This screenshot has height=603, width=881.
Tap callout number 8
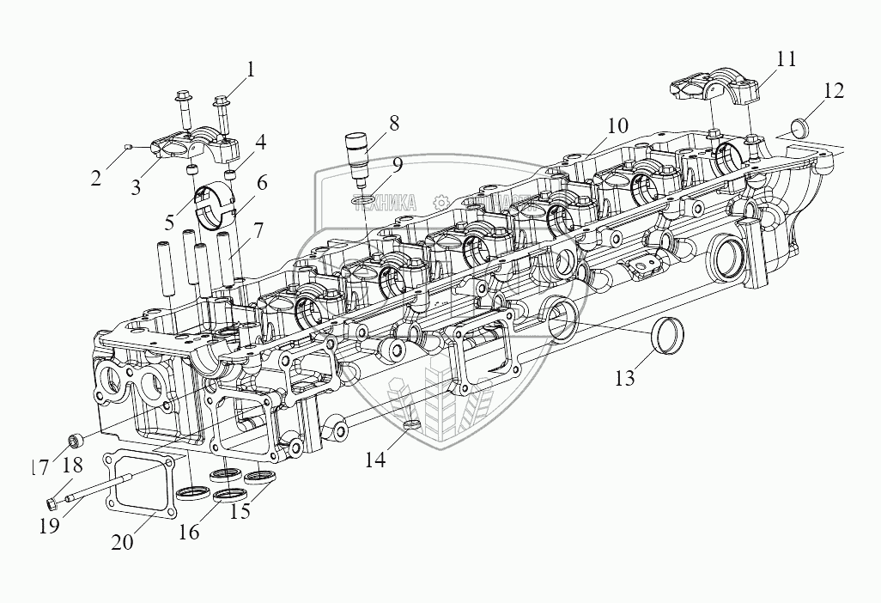click(x=393, y=123)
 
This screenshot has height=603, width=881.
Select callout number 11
click(x=786, y=60)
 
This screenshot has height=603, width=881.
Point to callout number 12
click(x=832, y=91)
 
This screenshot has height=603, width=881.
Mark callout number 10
click(x=617, y=126)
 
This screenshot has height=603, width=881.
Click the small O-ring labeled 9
click(x=363, y=200)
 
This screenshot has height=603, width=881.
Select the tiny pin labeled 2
click(x=127, y=147)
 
